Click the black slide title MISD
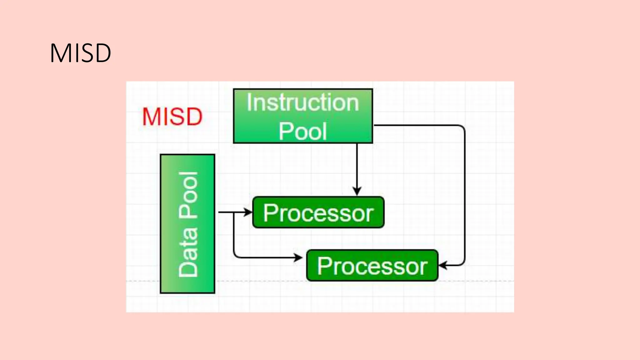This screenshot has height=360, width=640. (80, 53)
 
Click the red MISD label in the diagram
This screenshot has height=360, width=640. (172, 117)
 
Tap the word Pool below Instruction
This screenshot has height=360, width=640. (302, 131)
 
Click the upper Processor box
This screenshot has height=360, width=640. (318, 212)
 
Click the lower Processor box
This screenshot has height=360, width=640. (372, 266)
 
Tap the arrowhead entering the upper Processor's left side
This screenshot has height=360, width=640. (248, 212)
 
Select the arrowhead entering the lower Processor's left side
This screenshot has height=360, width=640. (298, 257)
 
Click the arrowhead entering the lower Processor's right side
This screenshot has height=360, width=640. (443, 266)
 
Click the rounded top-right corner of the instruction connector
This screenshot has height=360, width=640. (462, 127)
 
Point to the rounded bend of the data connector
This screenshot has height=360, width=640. (235, 256)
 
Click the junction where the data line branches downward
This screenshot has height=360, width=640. (234, 212)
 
